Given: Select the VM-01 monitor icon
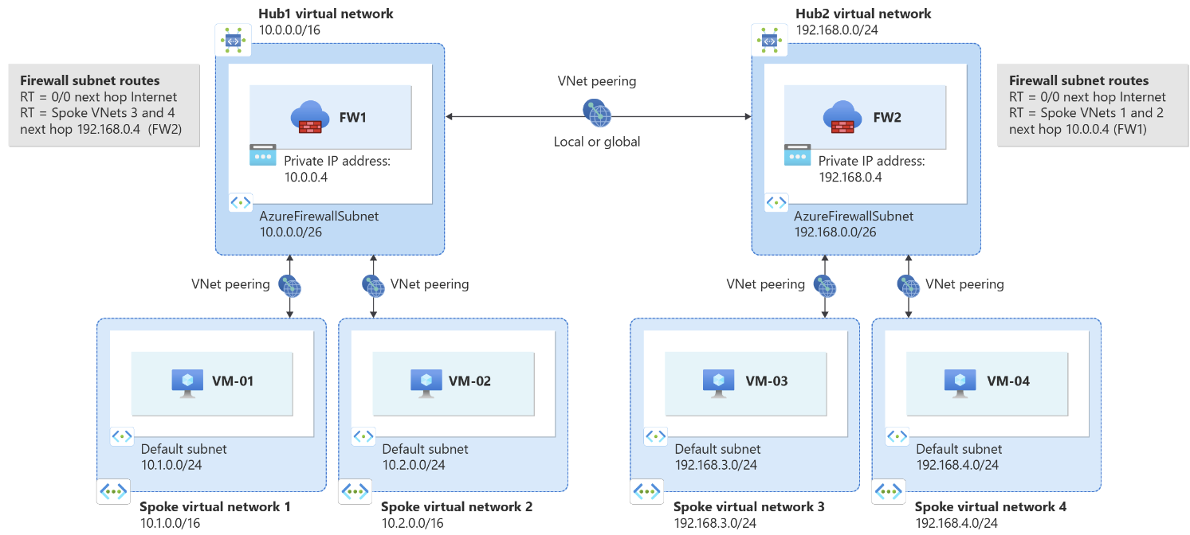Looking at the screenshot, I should pos(187,381).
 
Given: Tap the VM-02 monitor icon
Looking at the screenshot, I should pos(426,381).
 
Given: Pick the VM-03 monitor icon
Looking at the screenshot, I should pos(719,381).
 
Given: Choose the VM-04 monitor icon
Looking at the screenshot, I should pos(960,381).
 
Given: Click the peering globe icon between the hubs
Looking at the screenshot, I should pos(597,113).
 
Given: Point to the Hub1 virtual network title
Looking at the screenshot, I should pos(326,14).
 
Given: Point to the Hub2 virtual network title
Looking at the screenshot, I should pos(863,14).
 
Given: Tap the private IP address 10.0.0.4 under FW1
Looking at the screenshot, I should pos(306,177).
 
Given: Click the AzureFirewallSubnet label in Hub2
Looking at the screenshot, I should pos(854,216).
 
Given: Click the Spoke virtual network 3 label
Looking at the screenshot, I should pos(748,506).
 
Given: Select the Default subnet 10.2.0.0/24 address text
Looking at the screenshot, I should pos(414,465).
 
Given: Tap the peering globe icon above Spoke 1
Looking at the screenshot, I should pos(289,284).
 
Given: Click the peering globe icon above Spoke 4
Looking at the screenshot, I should pos(907,284).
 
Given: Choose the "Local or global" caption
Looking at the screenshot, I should pos(597,143).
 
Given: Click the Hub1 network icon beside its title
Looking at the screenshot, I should pos(233,40).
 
